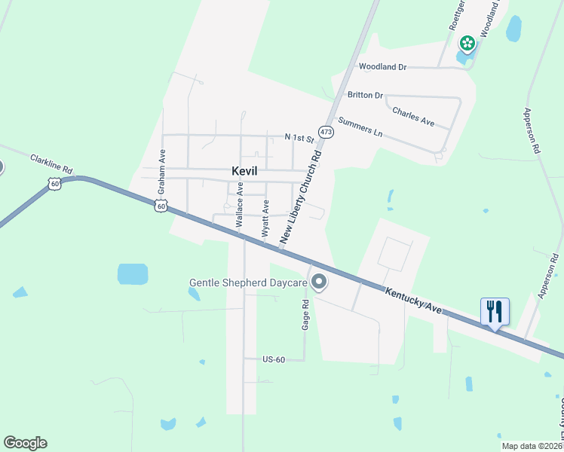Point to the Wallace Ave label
point(239,208)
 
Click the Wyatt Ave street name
point(265,218)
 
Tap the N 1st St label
point(299,138)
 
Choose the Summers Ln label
point(360,127)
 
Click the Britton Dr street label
point(365,95)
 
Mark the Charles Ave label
point(413,115)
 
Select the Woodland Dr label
point(382,67)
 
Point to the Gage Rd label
point(306,315)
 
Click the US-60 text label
point(274,359)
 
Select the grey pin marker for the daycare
point(319,282)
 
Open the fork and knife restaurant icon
point(495,310)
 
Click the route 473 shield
point(325,132)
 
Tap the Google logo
point(25,443)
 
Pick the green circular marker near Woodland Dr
point(467,43)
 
